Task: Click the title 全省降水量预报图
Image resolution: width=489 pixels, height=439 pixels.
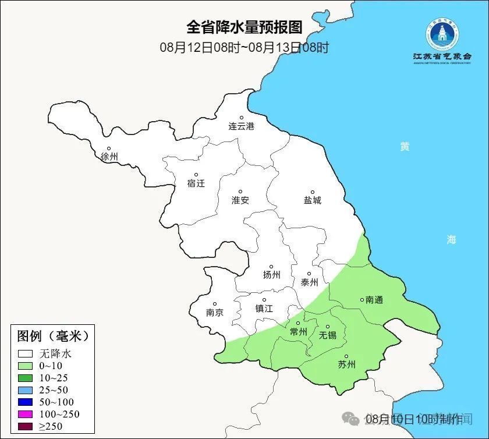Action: click(245, 27)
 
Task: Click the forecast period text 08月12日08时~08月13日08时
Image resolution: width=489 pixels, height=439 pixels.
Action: click(245, 47)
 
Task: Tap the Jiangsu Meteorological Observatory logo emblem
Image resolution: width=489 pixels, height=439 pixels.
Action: click(441, 35)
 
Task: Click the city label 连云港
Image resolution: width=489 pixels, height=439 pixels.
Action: click(241, 126)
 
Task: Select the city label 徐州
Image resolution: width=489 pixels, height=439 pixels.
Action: click(109, 157)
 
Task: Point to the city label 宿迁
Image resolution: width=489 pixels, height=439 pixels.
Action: click(196, 183)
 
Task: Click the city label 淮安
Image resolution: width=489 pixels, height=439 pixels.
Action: click(240, 200)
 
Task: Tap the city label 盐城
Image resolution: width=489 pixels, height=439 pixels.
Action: click(312, 200)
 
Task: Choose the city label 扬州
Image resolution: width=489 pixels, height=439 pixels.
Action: click(271, 275)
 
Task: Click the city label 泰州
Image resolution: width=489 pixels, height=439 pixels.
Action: click(309, 282)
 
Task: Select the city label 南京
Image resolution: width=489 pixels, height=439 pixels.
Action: click(214, 312)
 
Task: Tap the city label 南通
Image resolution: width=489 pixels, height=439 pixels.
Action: click(374, 300)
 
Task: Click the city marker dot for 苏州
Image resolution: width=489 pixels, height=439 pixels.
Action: click(346, 357)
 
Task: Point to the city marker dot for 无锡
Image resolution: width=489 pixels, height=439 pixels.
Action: click(327, 327)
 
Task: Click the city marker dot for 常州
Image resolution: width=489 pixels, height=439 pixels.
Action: click(298, 323)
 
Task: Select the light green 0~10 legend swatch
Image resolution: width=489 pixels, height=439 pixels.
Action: click(25, 366)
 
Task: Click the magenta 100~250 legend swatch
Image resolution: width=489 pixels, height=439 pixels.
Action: click(25, 415)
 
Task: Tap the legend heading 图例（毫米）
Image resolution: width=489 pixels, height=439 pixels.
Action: click(52, 336)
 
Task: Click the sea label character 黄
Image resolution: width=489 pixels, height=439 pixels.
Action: click(404, 147)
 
